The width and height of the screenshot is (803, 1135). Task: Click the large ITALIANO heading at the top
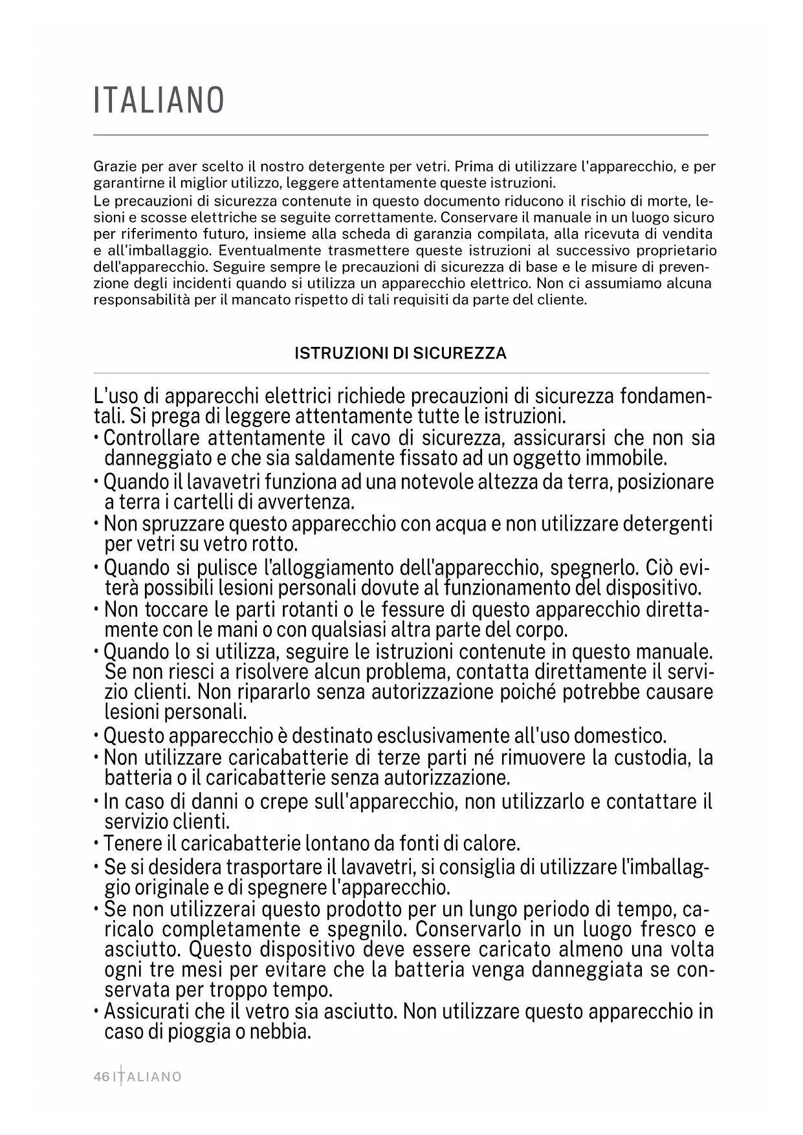click(x=159, y=101)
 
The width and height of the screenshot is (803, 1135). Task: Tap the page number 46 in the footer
click(x=102, y=1077)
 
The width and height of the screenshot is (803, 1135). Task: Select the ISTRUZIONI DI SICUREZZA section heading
click(x=401, y=353)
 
